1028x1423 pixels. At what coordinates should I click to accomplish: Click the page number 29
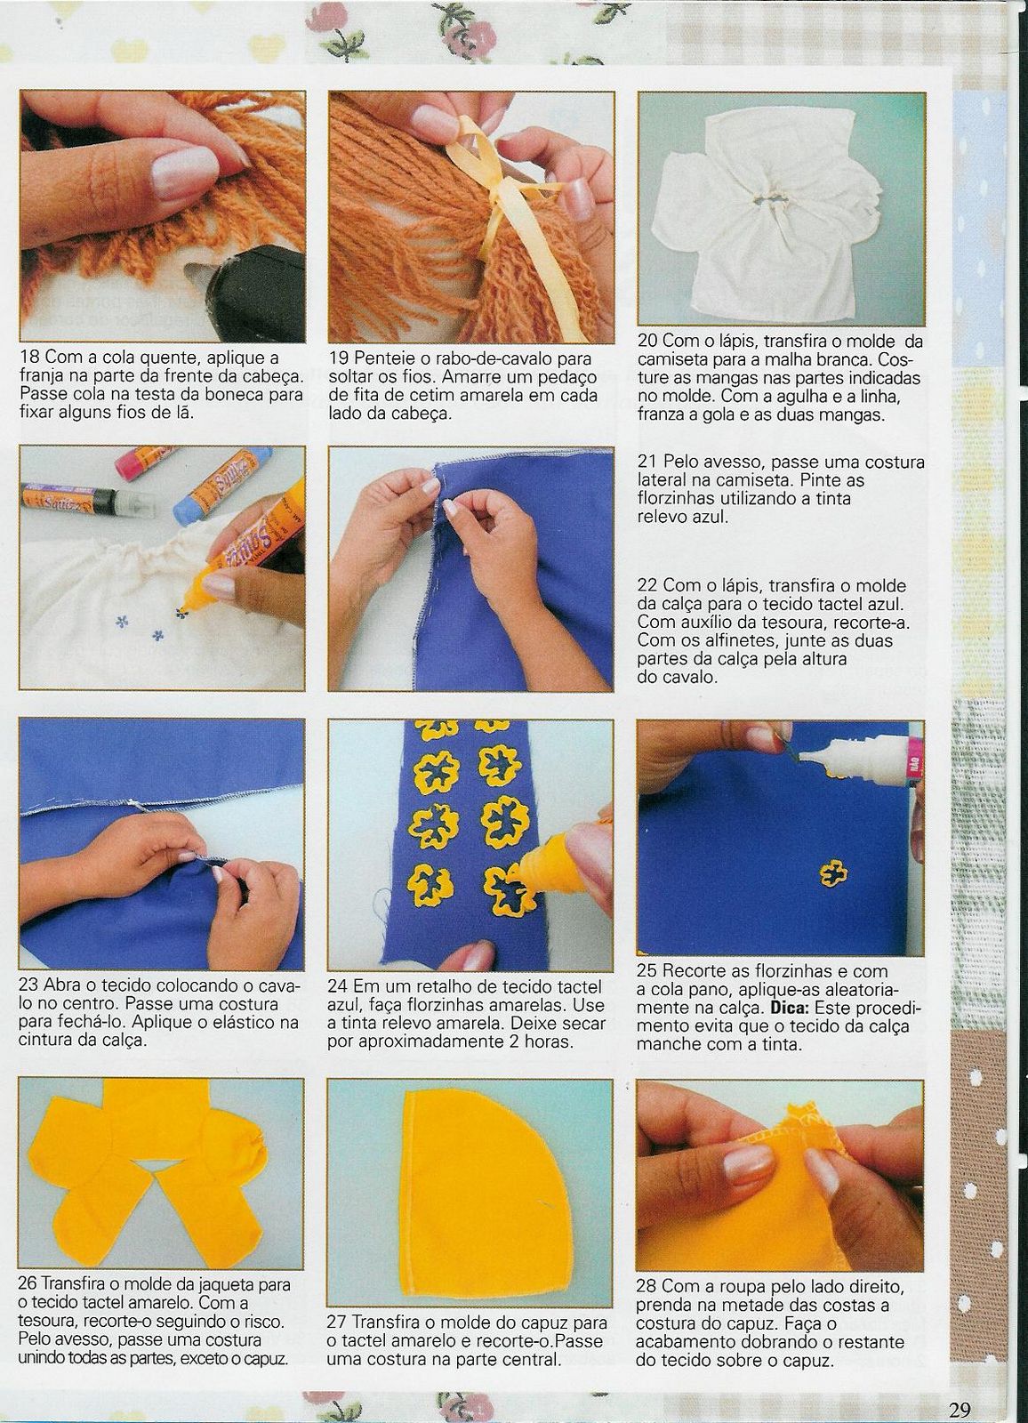pyautogui.click(x=960, y=1406)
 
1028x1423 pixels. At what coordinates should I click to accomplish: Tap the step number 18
pyautogui.click(x=29, y=357)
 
